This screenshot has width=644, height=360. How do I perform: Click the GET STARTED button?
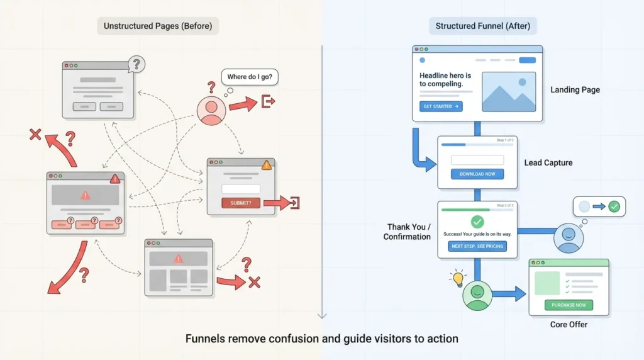pos(441,106)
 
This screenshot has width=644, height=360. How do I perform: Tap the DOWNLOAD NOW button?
pos(477,174)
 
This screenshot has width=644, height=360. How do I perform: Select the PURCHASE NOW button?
pos(569,305)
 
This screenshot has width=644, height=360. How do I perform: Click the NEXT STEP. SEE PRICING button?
pos(477,246)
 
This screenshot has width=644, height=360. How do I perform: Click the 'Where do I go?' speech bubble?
pos(250,77)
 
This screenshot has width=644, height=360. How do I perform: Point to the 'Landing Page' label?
pos(575,90)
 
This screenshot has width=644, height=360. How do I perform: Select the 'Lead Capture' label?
pos(548,163)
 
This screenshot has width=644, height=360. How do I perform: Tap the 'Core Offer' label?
pos(569,325)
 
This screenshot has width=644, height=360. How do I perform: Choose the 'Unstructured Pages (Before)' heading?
pos(158,26)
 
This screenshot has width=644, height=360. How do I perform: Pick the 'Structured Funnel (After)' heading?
pos(482,26)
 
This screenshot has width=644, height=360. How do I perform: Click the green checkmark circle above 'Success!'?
pos(477,222)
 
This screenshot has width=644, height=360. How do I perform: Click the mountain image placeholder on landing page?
pos(508,91)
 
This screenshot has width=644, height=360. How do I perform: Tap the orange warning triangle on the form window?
pos(267,166)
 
